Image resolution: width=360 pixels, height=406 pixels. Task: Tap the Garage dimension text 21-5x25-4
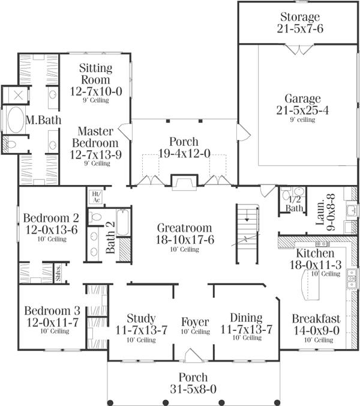(x=299, y=110)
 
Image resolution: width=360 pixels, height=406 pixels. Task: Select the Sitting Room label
(x=95, y=73)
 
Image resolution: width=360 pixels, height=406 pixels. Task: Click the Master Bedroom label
(x=95, y=137)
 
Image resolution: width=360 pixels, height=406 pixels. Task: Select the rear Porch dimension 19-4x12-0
(x=184, y=153)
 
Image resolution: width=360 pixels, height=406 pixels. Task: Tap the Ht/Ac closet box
(x=95, y=196)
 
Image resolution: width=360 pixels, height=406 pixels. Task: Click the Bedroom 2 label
(x=42, y=218)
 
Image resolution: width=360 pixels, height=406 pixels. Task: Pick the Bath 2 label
(x=111, y=246)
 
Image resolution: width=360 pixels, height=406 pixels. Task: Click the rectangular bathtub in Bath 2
(x=122, y=221)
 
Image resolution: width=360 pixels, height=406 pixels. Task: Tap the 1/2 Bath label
(x=294, y=204)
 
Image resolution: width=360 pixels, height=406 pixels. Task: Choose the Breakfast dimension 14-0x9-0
(x=316, y=330)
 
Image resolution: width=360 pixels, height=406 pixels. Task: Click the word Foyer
(x=196, y=320)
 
